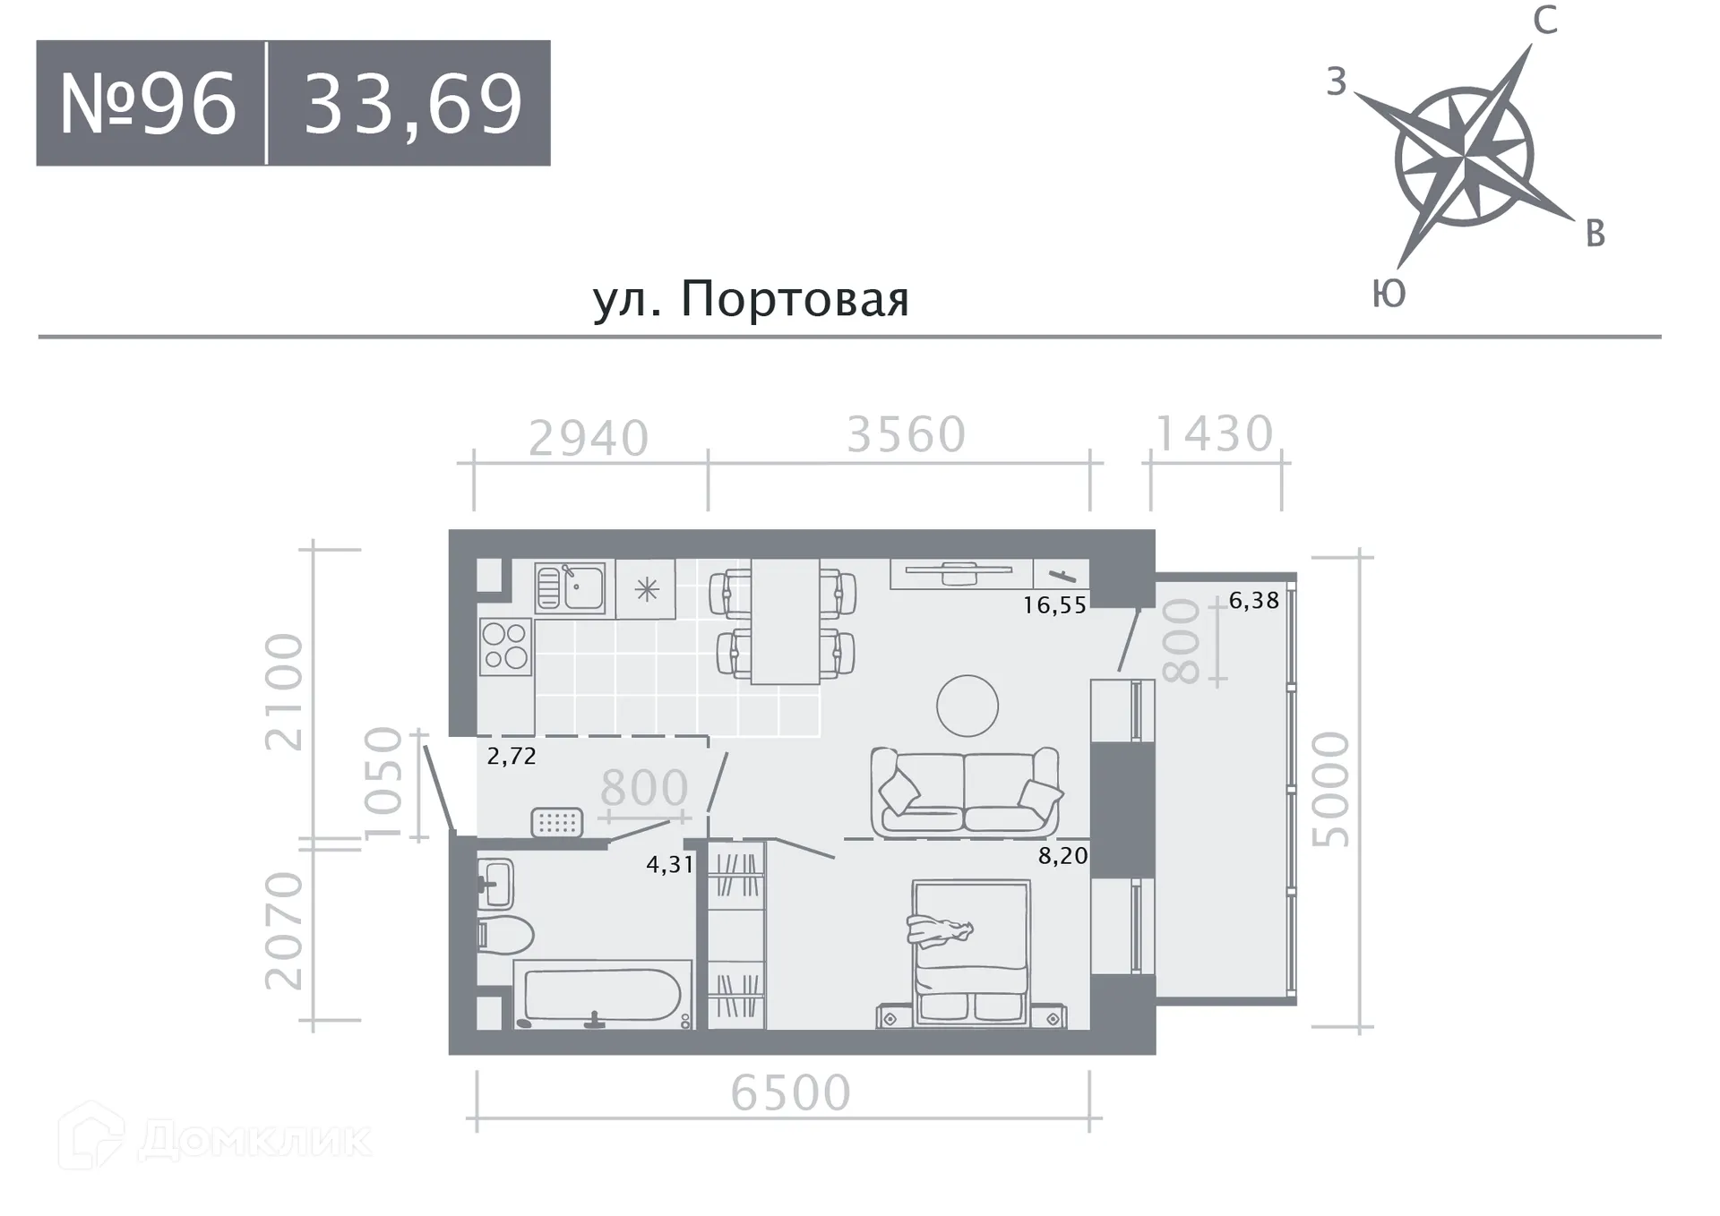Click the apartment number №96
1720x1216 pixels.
149,103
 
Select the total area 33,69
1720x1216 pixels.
412,105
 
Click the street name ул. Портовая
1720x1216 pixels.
751,299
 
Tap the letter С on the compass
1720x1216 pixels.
1544,21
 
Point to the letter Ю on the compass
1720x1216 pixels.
1389,294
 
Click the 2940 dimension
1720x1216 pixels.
589,439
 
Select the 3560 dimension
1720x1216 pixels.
906,435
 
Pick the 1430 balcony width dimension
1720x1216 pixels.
1214,434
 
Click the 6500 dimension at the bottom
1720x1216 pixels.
790,1093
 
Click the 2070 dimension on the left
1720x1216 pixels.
285,930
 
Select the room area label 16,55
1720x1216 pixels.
1054,605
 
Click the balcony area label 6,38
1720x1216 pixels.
1253,601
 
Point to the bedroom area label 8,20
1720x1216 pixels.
1062,856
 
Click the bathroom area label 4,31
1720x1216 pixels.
670,865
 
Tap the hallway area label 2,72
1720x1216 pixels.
512,757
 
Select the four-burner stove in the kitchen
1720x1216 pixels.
504,647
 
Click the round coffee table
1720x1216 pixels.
967,706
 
